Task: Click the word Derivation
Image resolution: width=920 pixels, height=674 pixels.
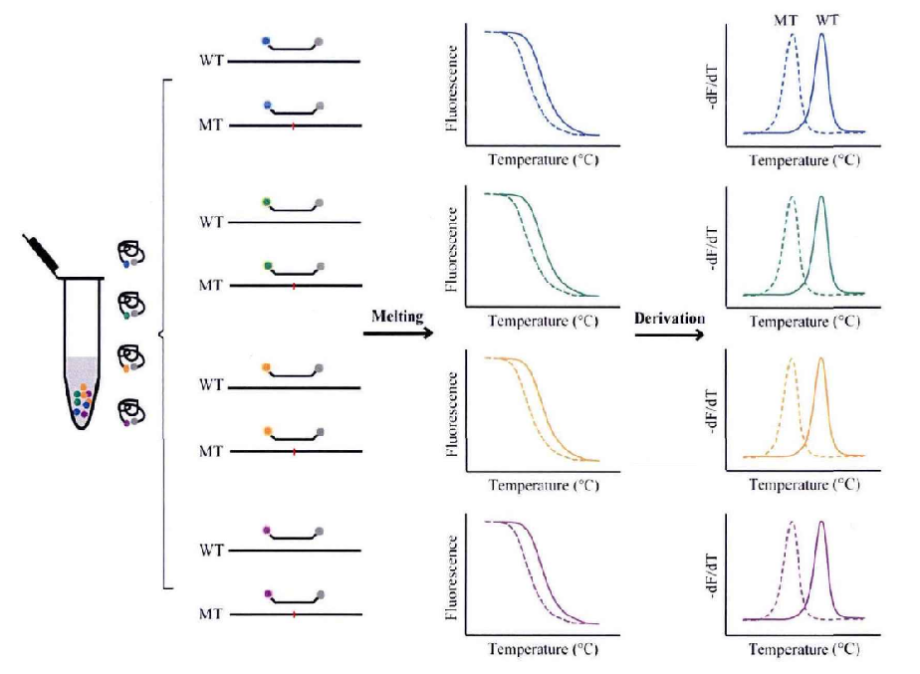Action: coord(669,318)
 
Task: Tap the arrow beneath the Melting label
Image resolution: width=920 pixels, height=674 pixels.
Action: coord(397,334)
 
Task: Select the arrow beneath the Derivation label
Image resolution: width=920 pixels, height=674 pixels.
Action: coord(669,336)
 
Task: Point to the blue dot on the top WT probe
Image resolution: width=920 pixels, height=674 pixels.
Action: coord(266,41)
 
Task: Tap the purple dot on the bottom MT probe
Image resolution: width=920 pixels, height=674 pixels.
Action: coord(267,594)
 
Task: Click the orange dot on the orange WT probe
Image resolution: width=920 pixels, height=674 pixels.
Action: coord(266,367)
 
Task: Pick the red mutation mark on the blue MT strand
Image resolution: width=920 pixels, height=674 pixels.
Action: coord(294,126)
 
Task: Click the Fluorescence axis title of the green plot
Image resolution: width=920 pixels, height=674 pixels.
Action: coord(455,247)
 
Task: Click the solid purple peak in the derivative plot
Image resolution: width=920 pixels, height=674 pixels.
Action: coord(821,525)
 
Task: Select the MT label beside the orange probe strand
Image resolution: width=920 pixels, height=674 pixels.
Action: coord(210,451)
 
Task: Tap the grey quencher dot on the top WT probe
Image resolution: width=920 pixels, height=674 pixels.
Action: coord(319,43)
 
